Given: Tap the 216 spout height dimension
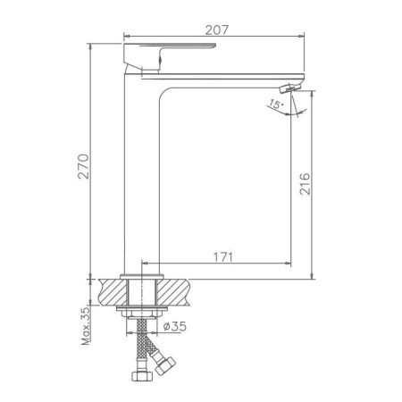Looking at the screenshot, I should pos(305,183).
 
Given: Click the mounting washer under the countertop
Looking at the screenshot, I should pos(140,311).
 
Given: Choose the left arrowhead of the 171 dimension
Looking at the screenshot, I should pos(144,264).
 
